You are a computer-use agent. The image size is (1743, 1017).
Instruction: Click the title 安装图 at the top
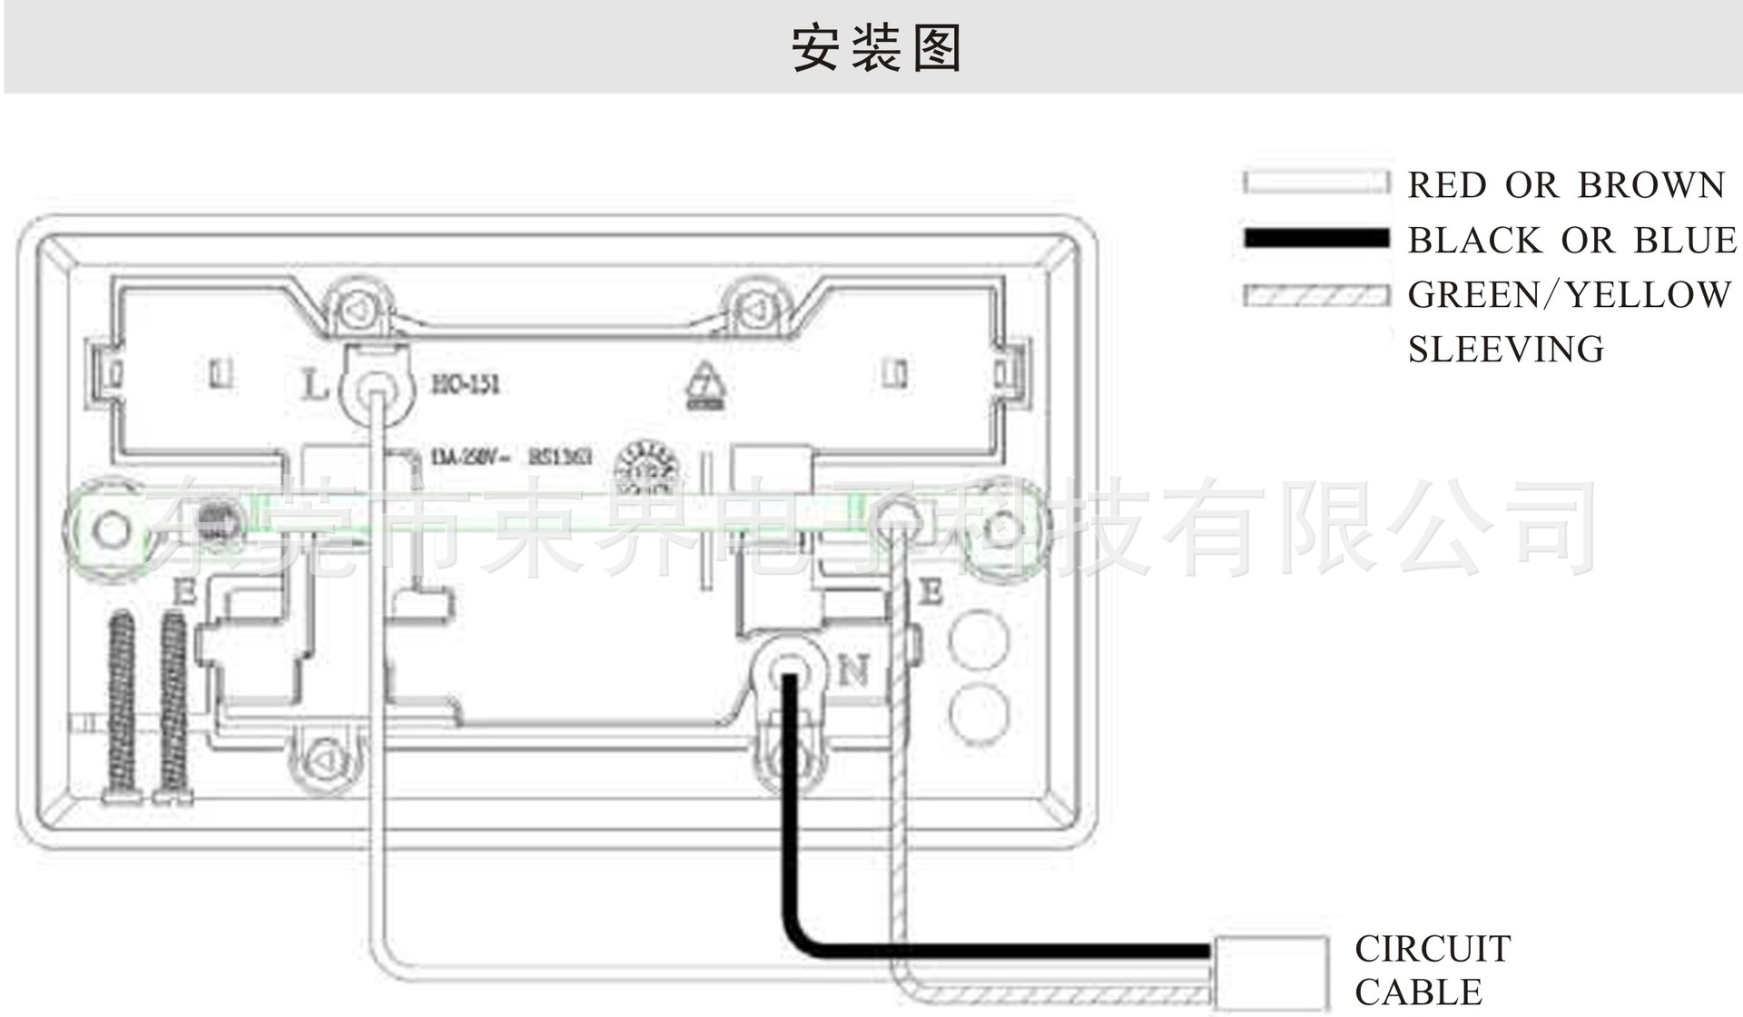click(x=876, y=47)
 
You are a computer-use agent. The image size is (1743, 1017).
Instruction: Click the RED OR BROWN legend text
click(x=1566, y=185)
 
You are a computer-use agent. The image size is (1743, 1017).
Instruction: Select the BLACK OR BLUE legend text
click(x=1572, y=241)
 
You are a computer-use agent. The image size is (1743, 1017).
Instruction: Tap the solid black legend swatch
click(x=1316, y=239)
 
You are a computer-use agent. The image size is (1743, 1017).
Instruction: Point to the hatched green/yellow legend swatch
click(x=1316, y=295)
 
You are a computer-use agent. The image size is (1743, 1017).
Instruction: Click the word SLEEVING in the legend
click(x=1506, y=350)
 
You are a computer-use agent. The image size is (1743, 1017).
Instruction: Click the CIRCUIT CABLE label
click(x=1433, y=970)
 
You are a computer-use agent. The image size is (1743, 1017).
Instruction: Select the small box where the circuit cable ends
click(x=1270, y=972)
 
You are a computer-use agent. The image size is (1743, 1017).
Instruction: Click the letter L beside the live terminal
click(x=314, y=386)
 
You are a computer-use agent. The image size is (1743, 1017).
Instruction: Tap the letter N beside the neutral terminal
click(x=852, y=672)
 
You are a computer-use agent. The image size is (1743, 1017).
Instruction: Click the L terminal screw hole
click(x=375, y=392)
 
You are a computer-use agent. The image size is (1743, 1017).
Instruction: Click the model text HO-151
click(x=466, y=385)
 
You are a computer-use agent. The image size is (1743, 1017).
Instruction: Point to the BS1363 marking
click(x=560, y=456)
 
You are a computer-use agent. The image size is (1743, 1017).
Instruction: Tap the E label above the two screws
click(x=184, y=593)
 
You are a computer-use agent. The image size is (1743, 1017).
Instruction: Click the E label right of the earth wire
click(x=931, y=593)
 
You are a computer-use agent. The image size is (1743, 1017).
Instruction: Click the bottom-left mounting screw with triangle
click(x=324, y=758)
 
